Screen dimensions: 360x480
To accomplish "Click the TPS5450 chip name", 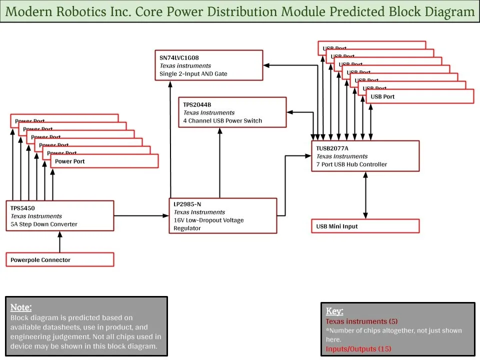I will pos(22,208).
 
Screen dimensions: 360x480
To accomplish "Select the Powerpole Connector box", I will pos(59,259).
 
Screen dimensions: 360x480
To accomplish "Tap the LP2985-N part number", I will pos(187,204).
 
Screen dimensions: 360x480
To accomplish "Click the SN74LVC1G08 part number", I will pos(179,57).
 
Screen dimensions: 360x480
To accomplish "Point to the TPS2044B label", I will pos(197,104).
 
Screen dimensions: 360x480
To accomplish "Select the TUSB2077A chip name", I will pos(332,148).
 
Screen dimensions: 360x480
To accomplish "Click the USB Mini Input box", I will pos(365,226).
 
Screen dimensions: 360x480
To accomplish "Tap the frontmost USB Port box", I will pos(419,96).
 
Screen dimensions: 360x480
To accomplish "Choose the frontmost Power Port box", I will pos(104,161).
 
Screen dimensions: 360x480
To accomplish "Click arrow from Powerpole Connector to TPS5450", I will pos(59,242).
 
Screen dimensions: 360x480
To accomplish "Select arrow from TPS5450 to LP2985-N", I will pos(141,216).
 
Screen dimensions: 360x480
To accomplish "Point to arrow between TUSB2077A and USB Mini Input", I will pos(365,195).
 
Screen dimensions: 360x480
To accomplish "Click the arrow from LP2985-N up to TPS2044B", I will pos(219,162).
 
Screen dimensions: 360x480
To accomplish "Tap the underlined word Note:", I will pos(21,307).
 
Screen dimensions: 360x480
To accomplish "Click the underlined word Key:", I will pos(334,311).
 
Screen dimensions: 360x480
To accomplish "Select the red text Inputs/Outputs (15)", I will pos(358,348).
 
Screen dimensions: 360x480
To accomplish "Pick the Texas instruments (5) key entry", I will pos(361,321).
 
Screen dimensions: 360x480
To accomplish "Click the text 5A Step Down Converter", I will pos(44,224).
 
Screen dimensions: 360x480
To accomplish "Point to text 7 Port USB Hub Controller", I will pos(351,164).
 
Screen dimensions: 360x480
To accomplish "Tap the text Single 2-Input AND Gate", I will pos(193,73).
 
